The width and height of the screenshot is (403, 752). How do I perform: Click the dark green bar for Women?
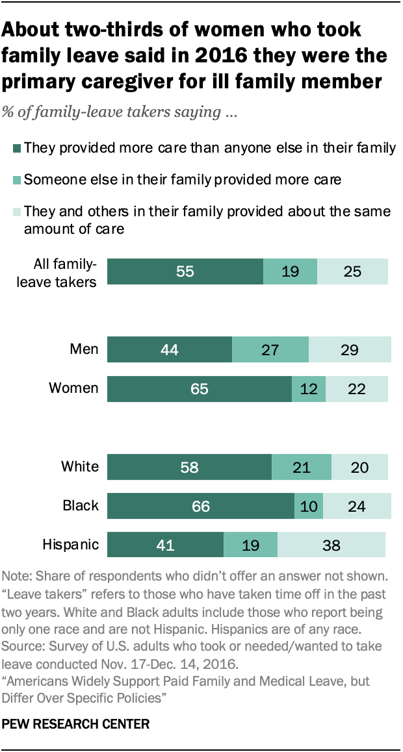[200, 389]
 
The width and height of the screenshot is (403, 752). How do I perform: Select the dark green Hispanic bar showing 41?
[165, 544]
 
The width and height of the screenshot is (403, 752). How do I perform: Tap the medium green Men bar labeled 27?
[270, 349]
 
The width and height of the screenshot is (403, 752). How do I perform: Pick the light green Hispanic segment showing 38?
[331, 544]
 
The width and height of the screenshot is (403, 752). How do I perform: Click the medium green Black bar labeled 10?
[309, 506]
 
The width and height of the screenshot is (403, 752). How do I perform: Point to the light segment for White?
[359, 467]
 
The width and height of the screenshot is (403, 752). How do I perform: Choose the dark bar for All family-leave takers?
[185, 271]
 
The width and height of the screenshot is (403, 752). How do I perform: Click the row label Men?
[84, 349]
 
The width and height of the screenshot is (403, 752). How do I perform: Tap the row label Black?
[80, 506]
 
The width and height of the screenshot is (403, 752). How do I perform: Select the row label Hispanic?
[71, 544]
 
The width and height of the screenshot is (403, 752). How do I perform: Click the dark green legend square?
[18, 149]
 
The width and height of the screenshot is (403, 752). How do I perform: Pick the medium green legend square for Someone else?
[18, 180]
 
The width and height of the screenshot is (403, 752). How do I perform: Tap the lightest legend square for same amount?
[18, 212]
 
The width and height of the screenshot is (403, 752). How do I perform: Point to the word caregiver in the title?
[148, 82]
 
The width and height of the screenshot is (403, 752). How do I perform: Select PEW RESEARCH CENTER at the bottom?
[77, 723]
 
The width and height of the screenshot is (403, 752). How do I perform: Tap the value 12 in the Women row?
[309, 389]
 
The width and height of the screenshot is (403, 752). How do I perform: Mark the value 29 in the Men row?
[350, 349]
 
